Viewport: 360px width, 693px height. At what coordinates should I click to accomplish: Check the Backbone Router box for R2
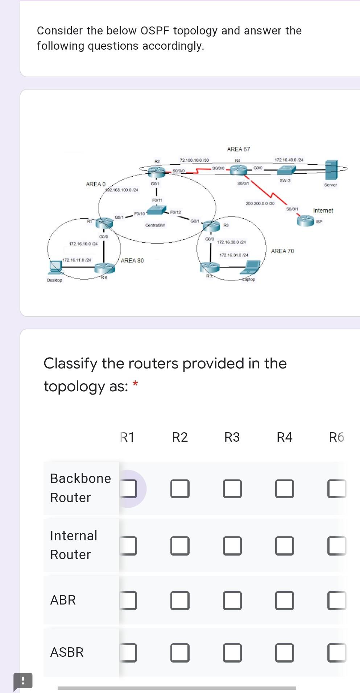click(x=180, y=488)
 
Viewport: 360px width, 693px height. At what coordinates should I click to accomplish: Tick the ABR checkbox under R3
click(x=232, y=601)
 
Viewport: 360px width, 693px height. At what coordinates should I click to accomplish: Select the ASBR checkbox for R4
click(x=285, y=653)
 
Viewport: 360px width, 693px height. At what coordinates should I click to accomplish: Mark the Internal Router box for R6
click(x=337, y=546)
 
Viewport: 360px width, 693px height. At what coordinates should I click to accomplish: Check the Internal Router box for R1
click(x=128, y=546)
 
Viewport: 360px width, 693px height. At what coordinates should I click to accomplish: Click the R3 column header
click(x=232, y=437)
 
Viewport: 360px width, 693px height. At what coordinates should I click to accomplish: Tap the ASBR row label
click(x=67, y=652)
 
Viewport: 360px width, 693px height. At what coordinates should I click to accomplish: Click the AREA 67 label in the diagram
click(x=238, y=149)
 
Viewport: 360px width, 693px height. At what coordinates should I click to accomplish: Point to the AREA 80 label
click(x=132, y=260)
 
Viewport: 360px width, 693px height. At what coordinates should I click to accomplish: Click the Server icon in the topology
click(x=331, y=170)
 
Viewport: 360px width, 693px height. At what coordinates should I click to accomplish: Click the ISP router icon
click(x=305, y=220)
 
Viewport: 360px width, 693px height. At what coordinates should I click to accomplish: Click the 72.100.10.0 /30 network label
click(x=194, y=160)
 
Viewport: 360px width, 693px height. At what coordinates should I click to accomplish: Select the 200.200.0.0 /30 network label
click(x=260, y=203)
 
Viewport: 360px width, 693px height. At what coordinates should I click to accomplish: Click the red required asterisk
click(x=135, y=383)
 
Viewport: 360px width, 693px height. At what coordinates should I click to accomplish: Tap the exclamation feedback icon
click(x=23, y=680)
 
